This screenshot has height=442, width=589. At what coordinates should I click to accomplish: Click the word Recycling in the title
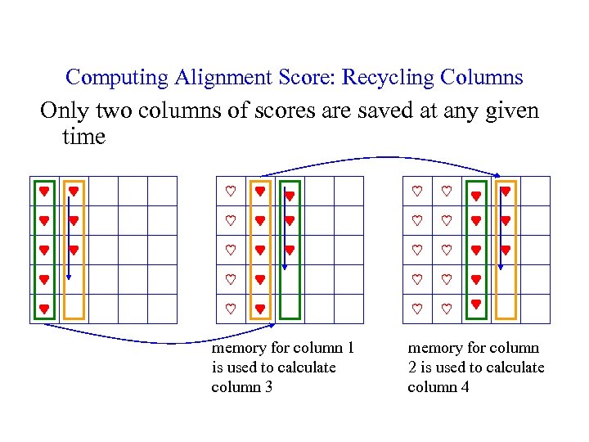coord(389,78)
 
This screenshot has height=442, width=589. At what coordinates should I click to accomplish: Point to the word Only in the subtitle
coord(65,110)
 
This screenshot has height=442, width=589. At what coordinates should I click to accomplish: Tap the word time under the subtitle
coord(83,136)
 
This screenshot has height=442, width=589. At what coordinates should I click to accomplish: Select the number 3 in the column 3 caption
coord(268,386)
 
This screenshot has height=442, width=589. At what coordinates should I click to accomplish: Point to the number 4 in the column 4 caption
coord(465,386)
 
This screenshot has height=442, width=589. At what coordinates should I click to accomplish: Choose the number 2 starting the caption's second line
coord(412,368)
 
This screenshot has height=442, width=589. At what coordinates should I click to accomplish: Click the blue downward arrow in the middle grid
coord(283,237)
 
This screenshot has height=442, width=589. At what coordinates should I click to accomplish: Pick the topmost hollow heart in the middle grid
coord(231,191)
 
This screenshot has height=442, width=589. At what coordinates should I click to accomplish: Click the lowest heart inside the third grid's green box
coord(476,304)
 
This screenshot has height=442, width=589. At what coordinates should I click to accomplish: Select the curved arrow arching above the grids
coord(384,158)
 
